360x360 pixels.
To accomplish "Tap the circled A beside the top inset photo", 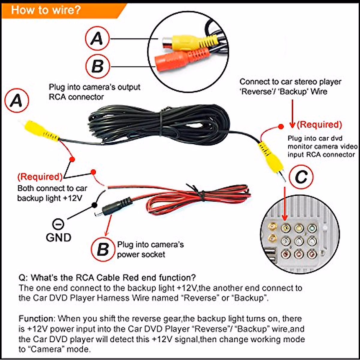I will click(97, 39).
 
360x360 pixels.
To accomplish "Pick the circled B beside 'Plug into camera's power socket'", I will click(103, 249).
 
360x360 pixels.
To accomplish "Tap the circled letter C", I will click(301, 177).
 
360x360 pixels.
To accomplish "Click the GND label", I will click(58, 237).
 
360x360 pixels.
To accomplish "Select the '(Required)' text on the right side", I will click(319, 124).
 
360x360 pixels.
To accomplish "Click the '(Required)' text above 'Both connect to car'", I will click(40, 176).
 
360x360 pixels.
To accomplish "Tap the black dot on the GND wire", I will click(94, 205).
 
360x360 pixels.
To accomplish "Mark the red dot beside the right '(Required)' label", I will click(281, 127).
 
